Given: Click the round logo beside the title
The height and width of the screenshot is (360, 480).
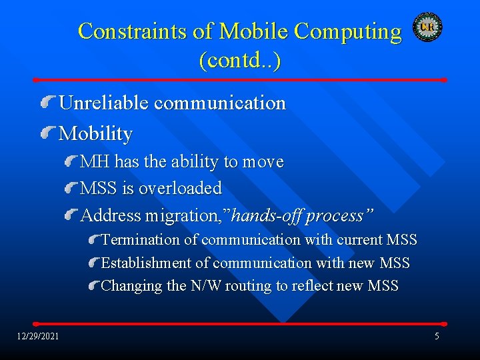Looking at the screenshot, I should (x=427, y=27).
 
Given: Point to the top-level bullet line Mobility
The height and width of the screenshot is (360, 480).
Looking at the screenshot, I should (x=95, y=133).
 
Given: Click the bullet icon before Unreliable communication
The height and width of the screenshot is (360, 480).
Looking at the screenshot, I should (x=48, y=103).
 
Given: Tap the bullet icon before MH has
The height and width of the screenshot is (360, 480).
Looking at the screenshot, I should (x=71, y=161).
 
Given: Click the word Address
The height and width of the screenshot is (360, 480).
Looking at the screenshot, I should (x=111, y=216).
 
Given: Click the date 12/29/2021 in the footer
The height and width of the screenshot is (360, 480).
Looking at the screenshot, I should (x=38, y=336).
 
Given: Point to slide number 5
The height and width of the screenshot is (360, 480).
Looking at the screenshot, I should (x=437, y=336).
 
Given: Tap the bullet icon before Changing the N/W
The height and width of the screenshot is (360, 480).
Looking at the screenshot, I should (x=94, y=286).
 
